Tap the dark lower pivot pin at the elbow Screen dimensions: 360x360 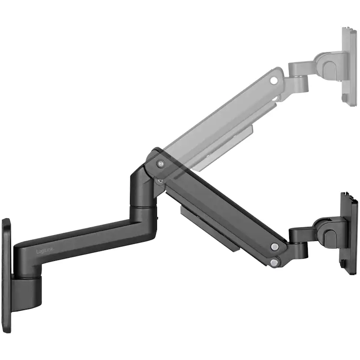tap(161, 178)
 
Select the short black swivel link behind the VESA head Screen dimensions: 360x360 tap(300, 235)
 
